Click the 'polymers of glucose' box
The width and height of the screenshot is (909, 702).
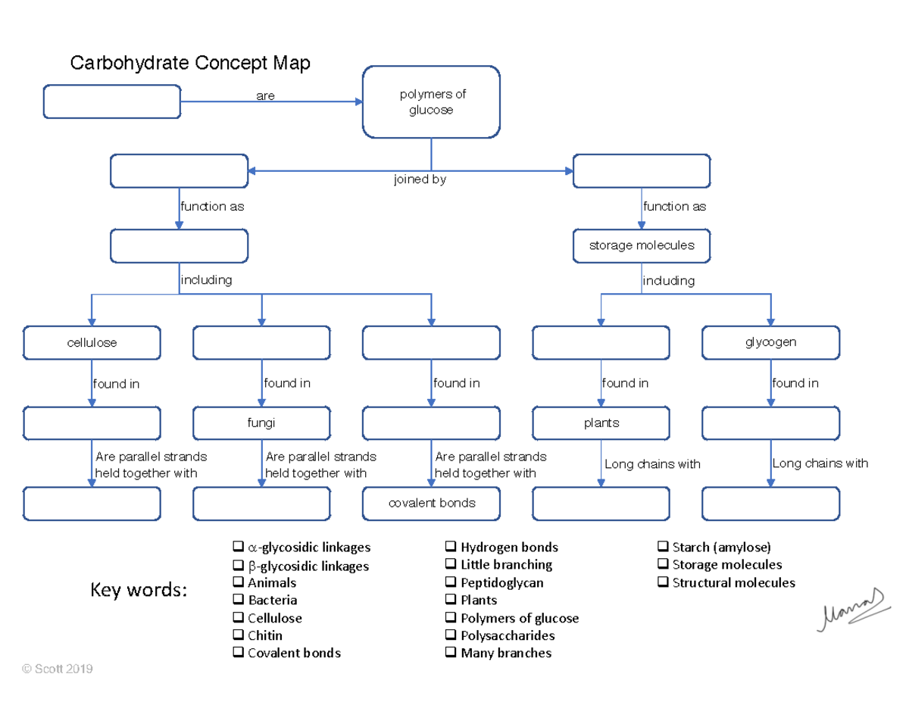pos(431,102)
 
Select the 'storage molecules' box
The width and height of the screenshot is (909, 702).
pos(642,245)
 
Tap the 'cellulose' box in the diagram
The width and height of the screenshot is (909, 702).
pos(92,342)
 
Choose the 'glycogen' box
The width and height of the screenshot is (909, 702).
pos(770,342)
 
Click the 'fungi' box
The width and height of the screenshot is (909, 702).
pos(261,423)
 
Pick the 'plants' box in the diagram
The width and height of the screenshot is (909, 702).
pos(601,423)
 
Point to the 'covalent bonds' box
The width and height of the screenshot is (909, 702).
pos(431,504)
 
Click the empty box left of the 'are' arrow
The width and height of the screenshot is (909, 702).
pos(112,102)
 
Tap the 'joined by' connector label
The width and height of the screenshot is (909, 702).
pos(420,180)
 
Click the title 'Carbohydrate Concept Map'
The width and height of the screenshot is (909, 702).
pos(190,63)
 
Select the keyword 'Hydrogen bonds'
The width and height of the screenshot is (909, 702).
pos(509,548)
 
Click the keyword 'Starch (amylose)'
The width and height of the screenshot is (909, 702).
pos(721,548)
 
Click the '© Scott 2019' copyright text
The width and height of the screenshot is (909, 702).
pos(58,669)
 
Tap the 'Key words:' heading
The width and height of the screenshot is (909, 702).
pos(139,590)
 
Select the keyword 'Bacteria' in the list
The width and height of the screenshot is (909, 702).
pos(273,601)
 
